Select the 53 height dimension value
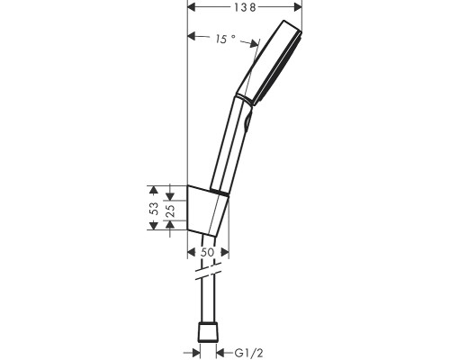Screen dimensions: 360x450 click(x=154, y=207)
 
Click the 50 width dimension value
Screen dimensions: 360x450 click(x=207, y=253)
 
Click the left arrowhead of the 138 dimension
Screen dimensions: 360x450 click(x=191, y=7)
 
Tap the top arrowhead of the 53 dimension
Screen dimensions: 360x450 click(x=154, y=189)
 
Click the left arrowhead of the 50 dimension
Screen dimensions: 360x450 click(x=192, y=253)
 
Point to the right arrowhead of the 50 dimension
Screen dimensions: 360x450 click(x=226, y=253)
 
